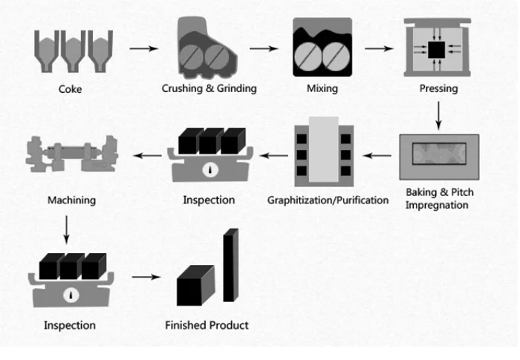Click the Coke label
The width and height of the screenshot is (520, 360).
pyautogui.click(x=71, y=90)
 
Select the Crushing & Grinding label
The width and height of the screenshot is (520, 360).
pyautogui.click(x=209, y=89)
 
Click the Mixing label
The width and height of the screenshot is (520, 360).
pyautogui.click(x=322, y=89)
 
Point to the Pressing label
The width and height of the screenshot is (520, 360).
pyautogui.click(x=438, y=89)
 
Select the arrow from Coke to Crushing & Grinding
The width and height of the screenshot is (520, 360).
pyautogui.click(x=144, y=50)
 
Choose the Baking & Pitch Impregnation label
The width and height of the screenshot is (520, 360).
pyautogui.click(x=440, y=198)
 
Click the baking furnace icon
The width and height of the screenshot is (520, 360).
pyautogui.click(x=439, y=157)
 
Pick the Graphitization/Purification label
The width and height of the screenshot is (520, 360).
pyautogui.click(x=328, y=200)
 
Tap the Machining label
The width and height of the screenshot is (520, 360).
pyautogui.click(x=71, y=200)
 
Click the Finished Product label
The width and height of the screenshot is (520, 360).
pyautogui.click(x=207, y=325)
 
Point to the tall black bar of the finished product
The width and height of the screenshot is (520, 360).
pyautogui.click(x=230, y=265)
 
